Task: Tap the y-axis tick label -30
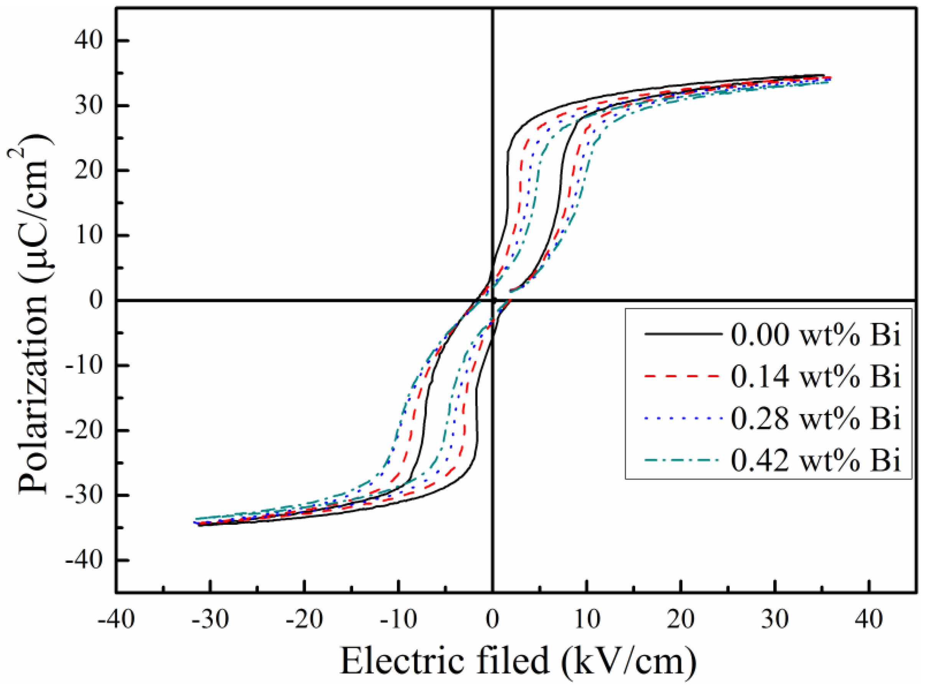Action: click(x=85, y=495)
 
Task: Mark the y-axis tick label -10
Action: click(x=85, y=365)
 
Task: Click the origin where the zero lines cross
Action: click(x=493, y=300)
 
